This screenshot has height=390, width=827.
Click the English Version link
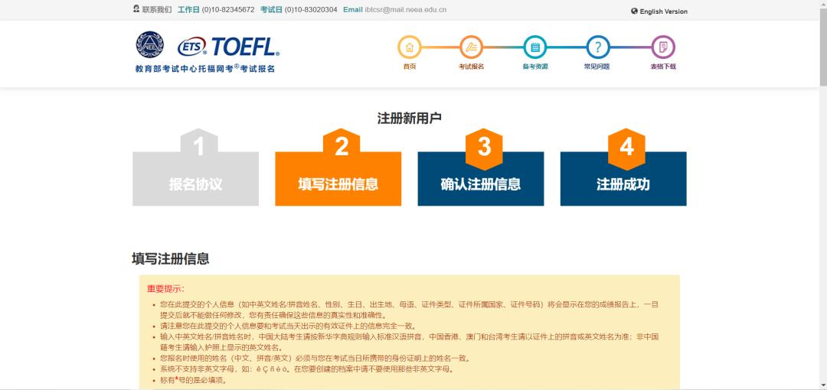pos(663,11)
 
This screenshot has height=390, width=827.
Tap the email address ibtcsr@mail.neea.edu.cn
pos(406,10)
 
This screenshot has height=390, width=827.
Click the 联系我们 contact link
pos(156,10)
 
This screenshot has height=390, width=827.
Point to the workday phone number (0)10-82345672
pos(228,10)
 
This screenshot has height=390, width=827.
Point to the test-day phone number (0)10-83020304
pos(311,10)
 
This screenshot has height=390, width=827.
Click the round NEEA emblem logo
pos(150,45)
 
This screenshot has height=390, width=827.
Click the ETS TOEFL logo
pos(228,47)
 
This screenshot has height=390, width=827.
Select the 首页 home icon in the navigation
pos(410,48)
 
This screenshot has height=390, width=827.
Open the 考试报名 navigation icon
pos(472,48)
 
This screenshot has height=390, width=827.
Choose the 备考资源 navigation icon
pos(535,48)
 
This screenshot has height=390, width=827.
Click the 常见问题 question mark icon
pos(598,48)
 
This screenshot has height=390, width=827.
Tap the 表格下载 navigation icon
pos(663,48)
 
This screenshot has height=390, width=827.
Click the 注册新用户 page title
pos(409,118)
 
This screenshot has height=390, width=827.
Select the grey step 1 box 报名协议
pos(195,184)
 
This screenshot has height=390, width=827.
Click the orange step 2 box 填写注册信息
pos(338,184)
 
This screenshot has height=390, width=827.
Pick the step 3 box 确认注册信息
pos(480,184)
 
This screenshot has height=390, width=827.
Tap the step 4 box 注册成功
pos(623,184)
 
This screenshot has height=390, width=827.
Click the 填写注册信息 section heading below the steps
pos(170,258)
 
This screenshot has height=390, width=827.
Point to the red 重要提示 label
pos(165,288)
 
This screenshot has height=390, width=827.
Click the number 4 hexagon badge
pos(626,147)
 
